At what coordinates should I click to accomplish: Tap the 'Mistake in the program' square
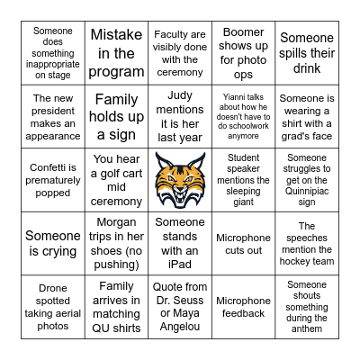pyautogui.click(x=116, y=52)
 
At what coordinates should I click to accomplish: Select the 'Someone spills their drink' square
pyautogui.click(x=307, y=52)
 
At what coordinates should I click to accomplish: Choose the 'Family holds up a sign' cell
pyautogui.click(x=116, y=115)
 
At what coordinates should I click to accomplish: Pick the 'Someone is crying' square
pyautogui.click(x=52, y=243)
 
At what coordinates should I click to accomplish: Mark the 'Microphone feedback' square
pyautogui.click(x=243, y=307)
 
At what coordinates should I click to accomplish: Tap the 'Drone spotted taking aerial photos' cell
pyautogui.click(x=52, y=307)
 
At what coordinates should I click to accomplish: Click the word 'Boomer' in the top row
pyautogui.click(x=243, y=33)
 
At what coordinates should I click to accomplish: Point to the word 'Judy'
pyautogui.click(x=180, y=96)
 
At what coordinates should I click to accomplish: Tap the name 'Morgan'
pyautogui.click(x=116, y=222)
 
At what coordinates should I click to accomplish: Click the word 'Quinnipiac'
pyautogui.click(x=307, y=189)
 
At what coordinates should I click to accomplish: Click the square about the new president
pyautogui.click(x=52, y=115)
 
